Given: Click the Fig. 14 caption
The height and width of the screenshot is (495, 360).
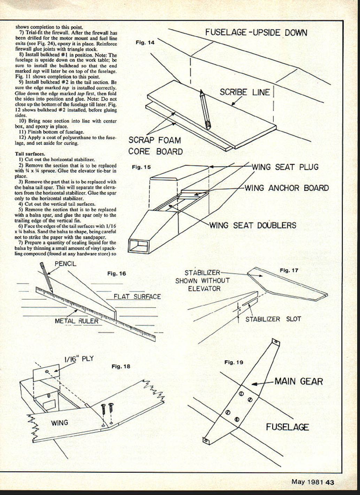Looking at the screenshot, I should (145, 42).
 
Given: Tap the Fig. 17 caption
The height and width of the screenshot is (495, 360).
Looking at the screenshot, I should (289, 270).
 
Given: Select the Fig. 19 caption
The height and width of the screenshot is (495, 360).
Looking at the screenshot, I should (233, 362).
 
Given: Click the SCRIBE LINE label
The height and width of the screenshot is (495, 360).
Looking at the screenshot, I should (245, 92).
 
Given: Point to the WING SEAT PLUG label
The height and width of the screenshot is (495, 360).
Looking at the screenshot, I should (285, 167).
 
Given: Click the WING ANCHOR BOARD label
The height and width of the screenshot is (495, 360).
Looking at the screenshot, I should (286, 188).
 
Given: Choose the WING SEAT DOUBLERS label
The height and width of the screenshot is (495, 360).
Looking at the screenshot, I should (253, 225).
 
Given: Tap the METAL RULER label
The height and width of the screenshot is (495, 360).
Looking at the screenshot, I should (77, 321).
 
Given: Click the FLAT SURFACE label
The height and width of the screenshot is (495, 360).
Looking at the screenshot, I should (137, 297).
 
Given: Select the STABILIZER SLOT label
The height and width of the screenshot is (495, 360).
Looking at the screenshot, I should (273, 319).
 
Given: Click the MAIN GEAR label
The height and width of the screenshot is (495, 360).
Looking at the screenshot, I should (299, 381).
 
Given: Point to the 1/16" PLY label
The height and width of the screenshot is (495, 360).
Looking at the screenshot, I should (79, 359).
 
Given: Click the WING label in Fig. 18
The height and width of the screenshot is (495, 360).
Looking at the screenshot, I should (60, 423).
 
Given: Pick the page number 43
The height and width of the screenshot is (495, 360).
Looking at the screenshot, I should (330, 482).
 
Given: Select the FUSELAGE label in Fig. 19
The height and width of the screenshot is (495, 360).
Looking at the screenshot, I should (287, 427).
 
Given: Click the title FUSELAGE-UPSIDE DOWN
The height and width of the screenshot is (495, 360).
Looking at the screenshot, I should (256, 33).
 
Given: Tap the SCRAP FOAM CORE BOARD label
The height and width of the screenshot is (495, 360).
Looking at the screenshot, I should (155, 146).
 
